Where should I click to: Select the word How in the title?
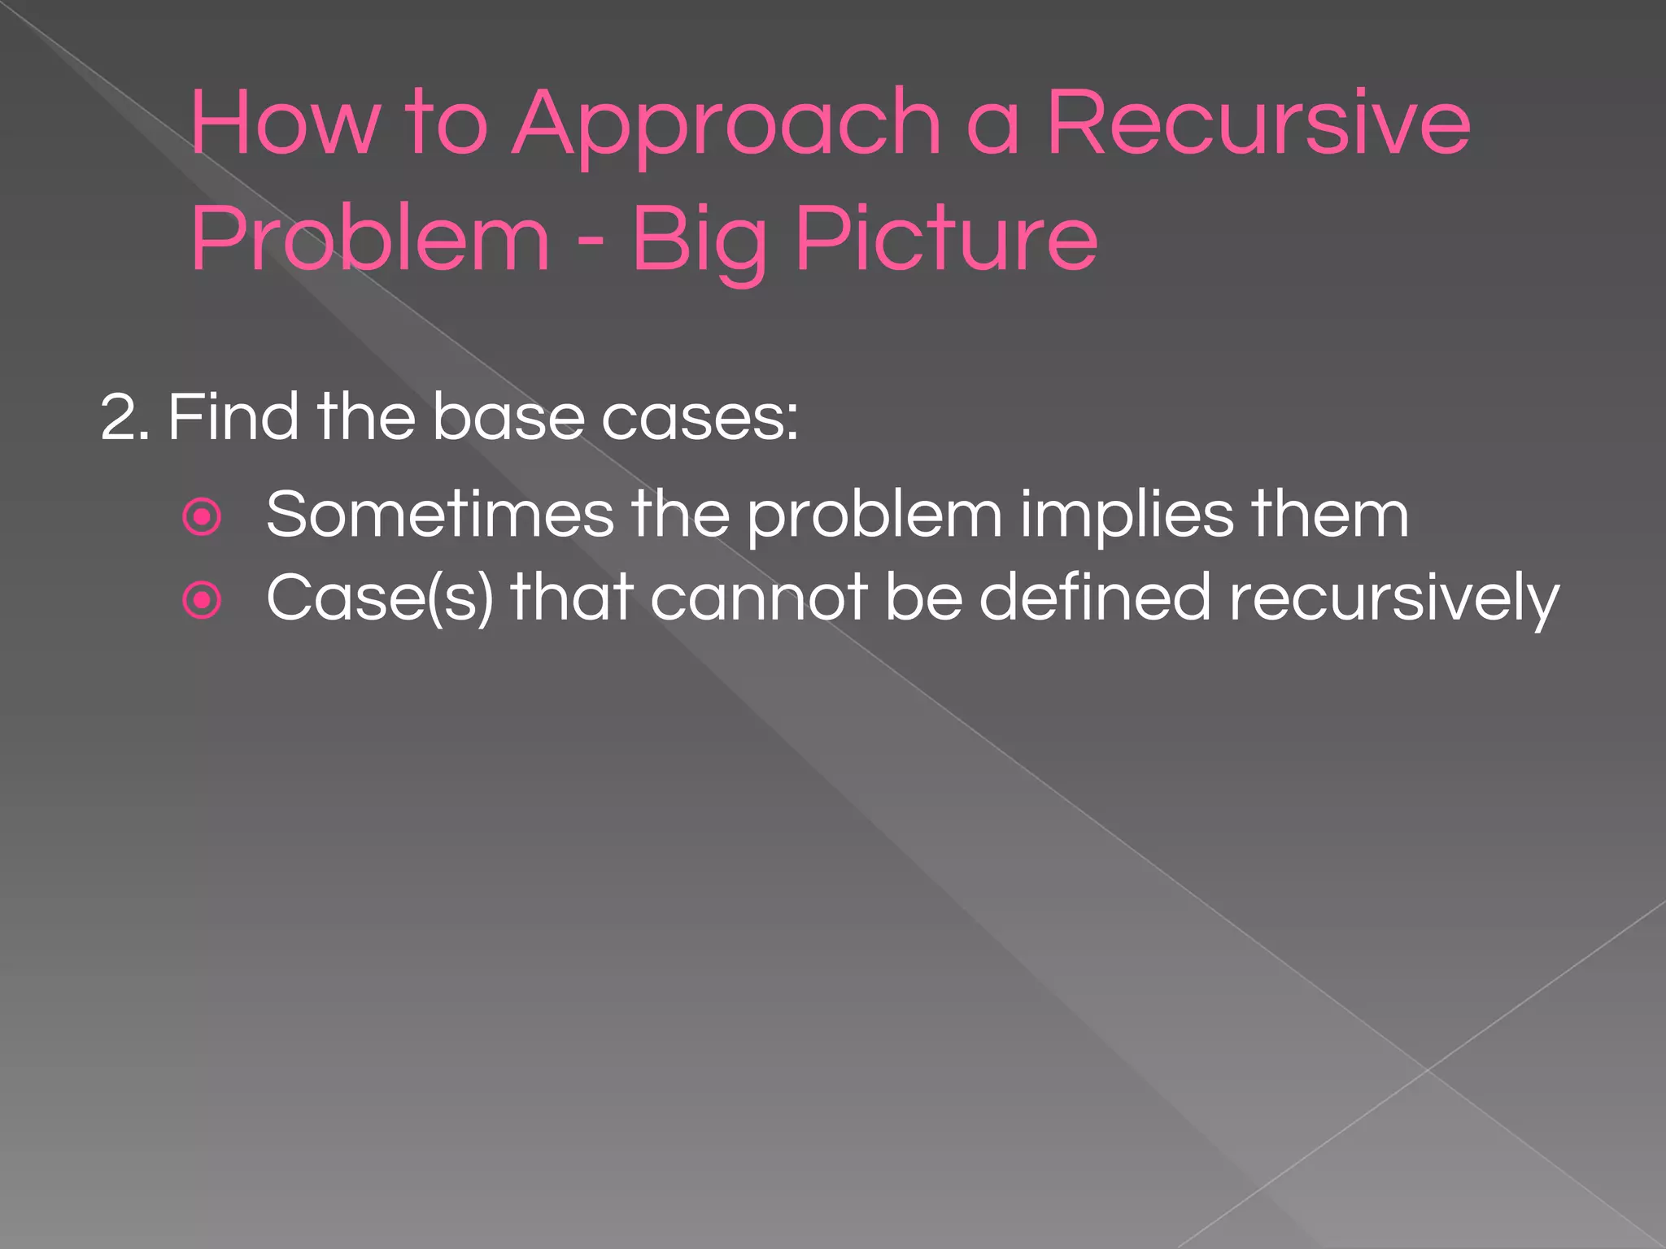tap(284, 124)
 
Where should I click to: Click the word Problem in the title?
tap(370, 239)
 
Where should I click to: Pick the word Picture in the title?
tap(947, 239)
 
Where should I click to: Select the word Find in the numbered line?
tap(233, 416)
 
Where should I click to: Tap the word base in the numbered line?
tap(508, 416)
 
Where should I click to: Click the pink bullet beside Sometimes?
tap(203, 517)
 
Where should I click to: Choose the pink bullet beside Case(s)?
tap(203, 600)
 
